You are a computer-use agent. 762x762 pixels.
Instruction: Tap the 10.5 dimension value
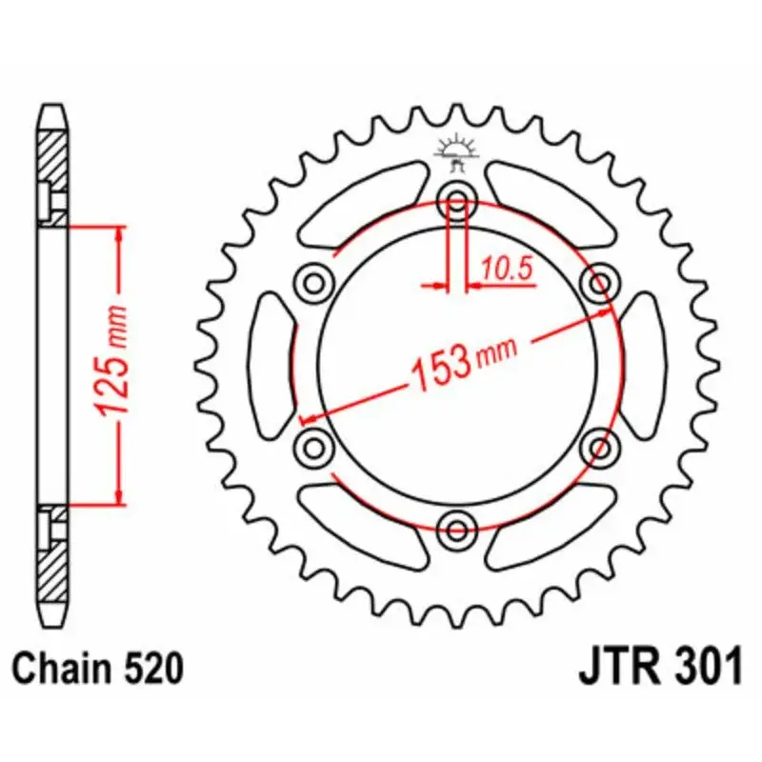505,270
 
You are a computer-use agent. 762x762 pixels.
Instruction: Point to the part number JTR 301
659,669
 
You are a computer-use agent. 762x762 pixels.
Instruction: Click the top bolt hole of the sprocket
457,201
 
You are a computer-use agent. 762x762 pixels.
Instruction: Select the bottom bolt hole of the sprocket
457,528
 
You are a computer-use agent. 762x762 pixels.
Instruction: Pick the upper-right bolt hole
600,283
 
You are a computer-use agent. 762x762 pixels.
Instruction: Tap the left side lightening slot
269,364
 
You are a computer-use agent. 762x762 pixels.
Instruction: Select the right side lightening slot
645,364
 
